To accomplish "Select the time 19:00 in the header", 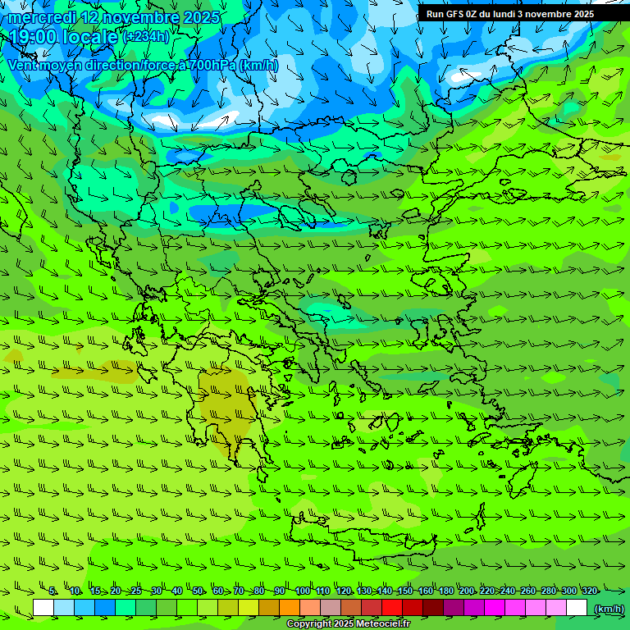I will click(35, 37).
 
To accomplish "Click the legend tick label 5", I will click(52, 591).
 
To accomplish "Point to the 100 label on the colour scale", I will click(302, 591).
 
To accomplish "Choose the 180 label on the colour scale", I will click(445, 591).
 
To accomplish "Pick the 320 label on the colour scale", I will click(589, 591).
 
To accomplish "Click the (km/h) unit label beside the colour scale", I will click(607, 609).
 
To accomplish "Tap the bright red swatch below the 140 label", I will click(392, 608).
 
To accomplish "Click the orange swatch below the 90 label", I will click(290, 608).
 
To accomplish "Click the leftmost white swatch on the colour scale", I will click(43, 608).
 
